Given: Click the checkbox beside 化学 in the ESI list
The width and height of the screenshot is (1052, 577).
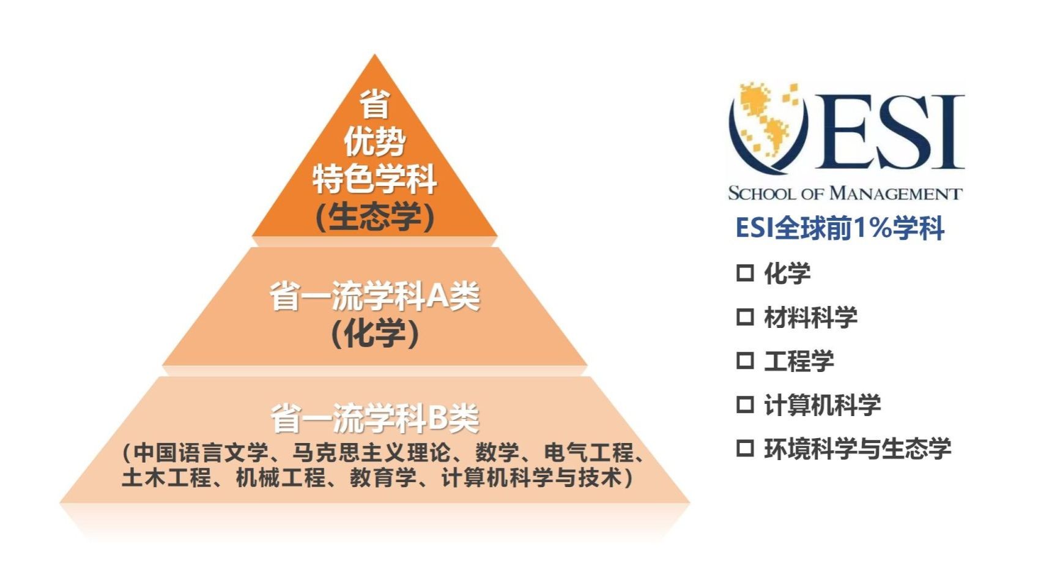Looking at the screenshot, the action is [x=744, y=272].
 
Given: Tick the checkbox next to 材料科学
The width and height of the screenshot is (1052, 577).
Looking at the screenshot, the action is [x=744, y=317].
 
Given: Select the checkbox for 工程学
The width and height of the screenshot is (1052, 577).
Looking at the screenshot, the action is [x=744, y=360].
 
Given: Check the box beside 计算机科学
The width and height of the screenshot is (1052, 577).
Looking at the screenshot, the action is [x=744, y=404].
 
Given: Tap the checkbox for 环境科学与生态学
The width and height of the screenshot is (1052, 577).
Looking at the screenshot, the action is [x=744, y=449].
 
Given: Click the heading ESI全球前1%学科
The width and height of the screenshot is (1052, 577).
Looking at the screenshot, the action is [x=840, y=228].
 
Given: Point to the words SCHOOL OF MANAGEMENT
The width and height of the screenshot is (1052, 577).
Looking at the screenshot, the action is [x=845, y=193].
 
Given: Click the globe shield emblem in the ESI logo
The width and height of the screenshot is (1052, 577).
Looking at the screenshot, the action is [x=768, y=127].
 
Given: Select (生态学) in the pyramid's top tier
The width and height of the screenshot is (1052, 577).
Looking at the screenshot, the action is [x=375, y=217].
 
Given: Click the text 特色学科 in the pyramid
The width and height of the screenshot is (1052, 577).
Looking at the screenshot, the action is [x=375, y=179].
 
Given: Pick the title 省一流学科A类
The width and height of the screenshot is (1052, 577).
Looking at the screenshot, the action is [x=375, y=296].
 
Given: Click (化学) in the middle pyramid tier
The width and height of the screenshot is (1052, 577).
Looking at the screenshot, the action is [x=375, y=333].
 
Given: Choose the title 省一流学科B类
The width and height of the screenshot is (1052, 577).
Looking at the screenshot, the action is [x=375, y=419].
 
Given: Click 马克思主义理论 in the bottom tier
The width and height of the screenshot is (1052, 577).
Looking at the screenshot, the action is [x=371, y=453].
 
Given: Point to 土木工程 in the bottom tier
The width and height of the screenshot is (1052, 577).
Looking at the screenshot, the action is [x=166, y=477].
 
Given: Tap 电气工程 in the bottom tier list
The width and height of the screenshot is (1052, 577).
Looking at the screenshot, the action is [x=589, y=453].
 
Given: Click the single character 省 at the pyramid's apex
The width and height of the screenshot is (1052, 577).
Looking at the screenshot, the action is [x=375, y=103].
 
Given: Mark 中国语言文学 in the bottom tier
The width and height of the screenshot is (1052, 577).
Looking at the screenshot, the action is [x=201, y=453].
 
